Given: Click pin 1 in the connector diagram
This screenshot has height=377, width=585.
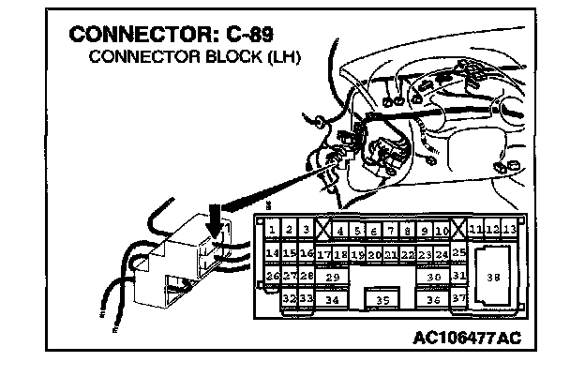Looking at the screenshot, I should (x=271, y=230).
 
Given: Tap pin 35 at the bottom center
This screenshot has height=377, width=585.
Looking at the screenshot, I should (x=382, y=300).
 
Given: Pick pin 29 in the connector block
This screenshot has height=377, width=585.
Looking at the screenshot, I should (x=332, y=278).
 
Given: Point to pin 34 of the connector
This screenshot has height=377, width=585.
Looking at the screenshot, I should (x=332, y=300).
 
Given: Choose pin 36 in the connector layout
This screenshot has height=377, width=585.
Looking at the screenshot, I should (x=433, y=300).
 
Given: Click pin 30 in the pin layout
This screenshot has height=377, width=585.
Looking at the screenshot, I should (x=433, y=278).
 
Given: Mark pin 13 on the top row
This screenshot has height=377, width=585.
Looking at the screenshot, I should (x=509, y=230).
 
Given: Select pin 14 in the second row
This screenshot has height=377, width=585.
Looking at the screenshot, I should (x=271, y=253).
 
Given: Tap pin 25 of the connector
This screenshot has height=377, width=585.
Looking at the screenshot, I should (x=458, y=253).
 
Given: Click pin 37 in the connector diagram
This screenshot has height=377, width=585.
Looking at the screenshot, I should (x=458, y=299).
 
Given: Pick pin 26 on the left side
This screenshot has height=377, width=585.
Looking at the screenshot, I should (x=272, y=276).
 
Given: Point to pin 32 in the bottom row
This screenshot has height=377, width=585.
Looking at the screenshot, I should (x=289, y=299).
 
